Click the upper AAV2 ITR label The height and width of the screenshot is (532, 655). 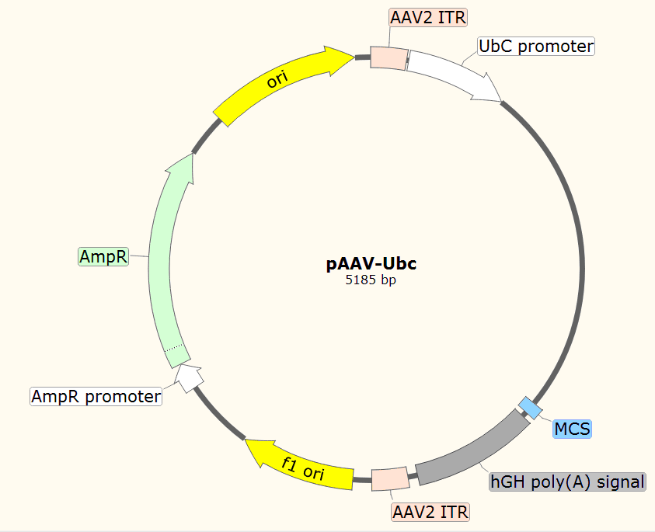click(428, 18)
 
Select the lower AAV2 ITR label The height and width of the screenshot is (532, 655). click(430, 512)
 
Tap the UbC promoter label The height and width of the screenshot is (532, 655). click(536, 46)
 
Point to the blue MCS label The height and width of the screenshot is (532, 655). click(572, 429)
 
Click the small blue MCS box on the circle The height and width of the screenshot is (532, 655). click(531, 408)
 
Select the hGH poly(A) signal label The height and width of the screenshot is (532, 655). click(567, 482)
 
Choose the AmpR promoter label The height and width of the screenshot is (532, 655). click(96, 396)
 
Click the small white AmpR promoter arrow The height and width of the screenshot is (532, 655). click(188, 377)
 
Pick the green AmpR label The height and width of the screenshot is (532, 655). click(103, 256)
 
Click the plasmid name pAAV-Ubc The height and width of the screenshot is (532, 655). click(371, 263)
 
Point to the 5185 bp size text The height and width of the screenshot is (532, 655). click(371, 280)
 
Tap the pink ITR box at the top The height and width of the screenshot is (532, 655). click(388, 58)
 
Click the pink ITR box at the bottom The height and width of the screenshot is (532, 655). click(391, 478)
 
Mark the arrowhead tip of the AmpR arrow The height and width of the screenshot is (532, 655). click(193, 154)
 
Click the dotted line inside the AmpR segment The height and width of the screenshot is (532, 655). click(174, 348)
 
